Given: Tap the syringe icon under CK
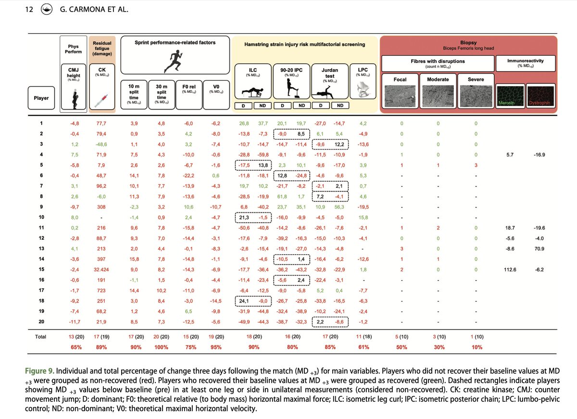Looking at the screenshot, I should tap(101, 99).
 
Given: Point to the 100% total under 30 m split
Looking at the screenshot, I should tap(162, 347).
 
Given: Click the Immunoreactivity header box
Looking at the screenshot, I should tap(527, 63).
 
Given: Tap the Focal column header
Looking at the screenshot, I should tap(400, 79).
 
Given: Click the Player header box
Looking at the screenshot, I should tap(41, 99).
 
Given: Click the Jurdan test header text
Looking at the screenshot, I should tap(329, 74).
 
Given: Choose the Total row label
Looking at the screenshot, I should tap(41, 336).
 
